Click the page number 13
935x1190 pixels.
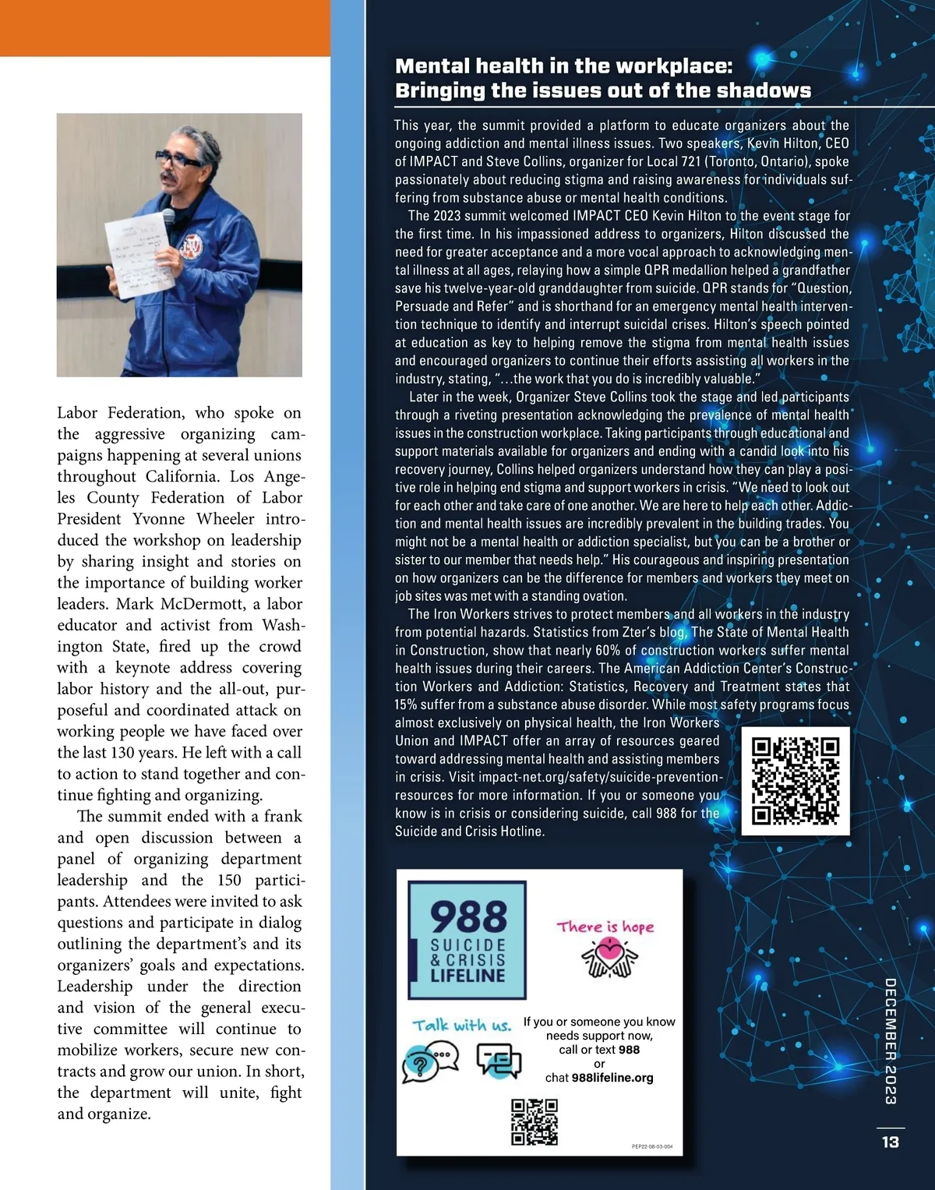(x=890, y=1142)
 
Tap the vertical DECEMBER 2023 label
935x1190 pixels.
(x=891, y=1041)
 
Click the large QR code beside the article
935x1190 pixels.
(x=796, y=781)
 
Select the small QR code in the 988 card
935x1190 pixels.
(x=535, y=1122)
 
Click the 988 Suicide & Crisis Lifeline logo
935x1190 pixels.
(x=467, y=940)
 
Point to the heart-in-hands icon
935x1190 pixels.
(x=609, y=958)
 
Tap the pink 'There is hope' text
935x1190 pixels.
(x=605, y=927)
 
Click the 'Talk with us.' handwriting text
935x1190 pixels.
(x=462, y=1026)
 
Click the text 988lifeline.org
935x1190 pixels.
(x=612, y=1078)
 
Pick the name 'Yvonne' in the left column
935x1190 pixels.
(x=159, y=519)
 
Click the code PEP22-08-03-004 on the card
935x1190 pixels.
(x=652, y=1146)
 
